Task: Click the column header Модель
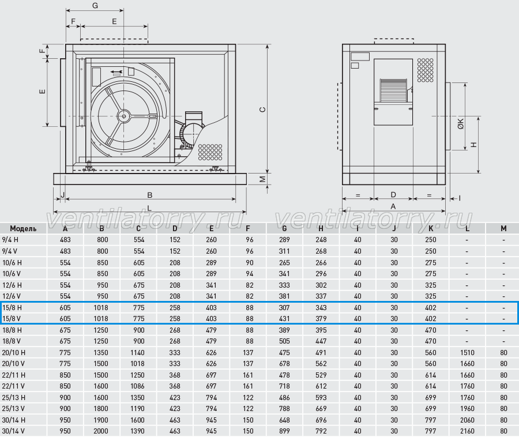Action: pos(23,229)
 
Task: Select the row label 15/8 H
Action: pos(12,308)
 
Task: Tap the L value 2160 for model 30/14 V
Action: pos(467,431)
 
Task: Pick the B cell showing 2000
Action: pos(101,431)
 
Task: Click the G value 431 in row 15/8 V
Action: pos(284,319)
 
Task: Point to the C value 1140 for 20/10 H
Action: pos(137,353)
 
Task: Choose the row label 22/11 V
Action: pos(13,386)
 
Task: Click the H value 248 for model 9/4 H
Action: pos(321,240)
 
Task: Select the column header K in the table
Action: pos(431,229)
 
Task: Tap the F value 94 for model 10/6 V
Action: pos(250,274)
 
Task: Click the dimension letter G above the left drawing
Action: pos(95,6)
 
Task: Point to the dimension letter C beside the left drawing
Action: pos(262,110)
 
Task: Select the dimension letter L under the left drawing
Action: pos(149,208)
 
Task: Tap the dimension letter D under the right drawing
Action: pos(393,194)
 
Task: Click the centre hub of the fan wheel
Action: pos(124,116)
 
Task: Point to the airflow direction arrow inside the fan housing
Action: pos(116,71)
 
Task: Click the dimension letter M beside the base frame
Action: pos(262,179)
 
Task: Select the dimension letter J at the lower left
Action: pos(62,195)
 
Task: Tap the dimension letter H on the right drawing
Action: pos(474,145)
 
